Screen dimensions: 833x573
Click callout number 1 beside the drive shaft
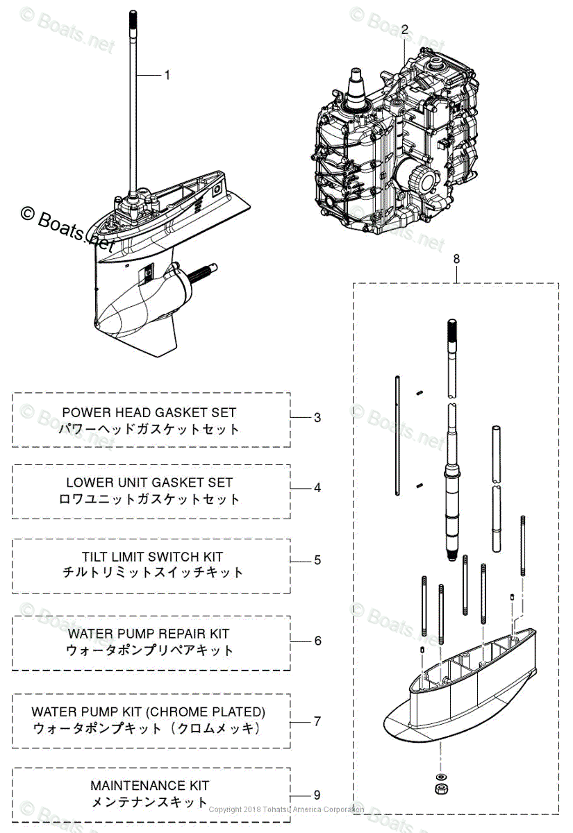[166, 75]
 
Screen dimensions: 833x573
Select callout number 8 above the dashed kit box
[456, 259]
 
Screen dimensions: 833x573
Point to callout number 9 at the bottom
[317, 796]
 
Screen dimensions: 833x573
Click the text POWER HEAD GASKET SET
[149, 412]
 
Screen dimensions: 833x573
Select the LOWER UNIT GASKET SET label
[149, 482]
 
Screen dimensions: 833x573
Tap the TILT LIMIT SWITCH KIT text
[152, 557]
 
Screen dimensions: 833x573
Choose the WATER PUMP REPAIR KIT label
[149, 633]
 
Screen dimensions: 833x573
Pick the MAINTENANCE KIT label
[149, 786]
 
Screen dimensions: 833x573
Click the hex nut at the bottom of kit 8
[442, 789]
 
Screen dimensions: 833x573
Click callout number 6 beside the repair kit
[317, 640]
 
